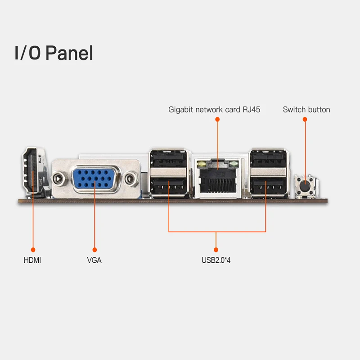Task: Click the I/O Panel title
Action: [x=54, y=53]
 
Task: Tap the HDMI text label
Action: [x=32, y=260]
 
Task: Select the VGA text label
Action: [x=94, y=260]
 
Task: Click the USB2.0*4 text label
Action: [x=216, y=260]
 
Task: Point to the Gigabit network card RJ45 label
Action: [x=214, y=109]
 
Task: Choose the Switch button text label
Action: [x=306, y=109]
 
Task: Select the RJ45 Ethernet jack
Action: [x=218, y=179]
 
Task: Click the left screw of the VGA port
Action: [x=58, y=178]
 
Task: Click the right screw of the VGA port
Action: [x=131, y=178]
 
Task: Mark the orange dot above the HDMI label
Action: [x=32, y=249]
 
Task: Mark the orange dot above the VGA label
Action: [x=94, y=249]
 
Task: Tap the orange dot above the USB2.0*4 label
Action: [x=216, y=249]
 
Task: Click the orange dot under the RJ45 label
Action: [x=217, y=120]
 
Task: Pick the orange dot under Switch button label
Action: [x=305, y=120]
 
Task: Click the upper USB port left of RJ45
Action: [x=169, y=160]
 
